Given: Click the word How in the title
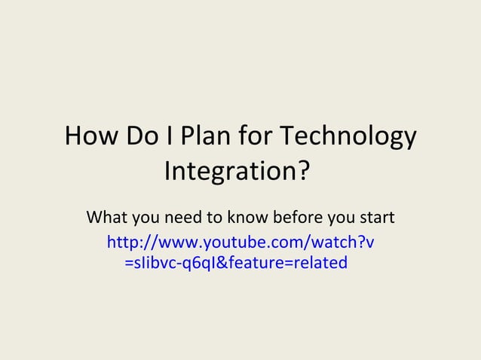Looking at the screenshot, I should (89, 137).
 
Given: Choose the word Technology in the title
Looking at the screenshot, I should (348, 139).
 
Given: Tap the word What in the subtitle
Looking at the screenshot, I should (107, 218).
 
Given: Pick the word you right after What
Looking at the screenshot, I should (148, 220).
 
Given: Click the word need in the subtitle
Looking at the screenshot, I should (185, 218).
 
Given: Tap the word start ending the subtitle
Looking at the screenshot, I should (377, 218).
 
